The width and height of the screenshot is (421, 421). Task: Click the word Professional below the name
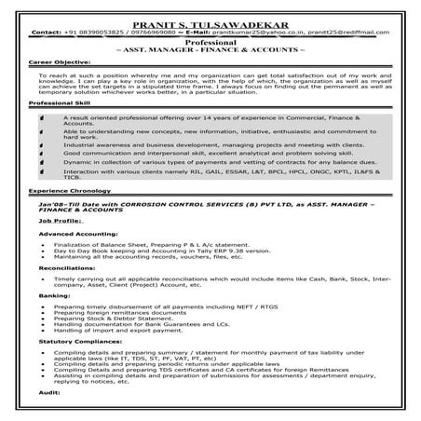[x=210, y=43]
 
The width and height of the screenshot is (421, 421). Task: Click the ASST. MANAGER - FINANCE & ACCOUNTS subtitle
[x=210, y=52]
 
